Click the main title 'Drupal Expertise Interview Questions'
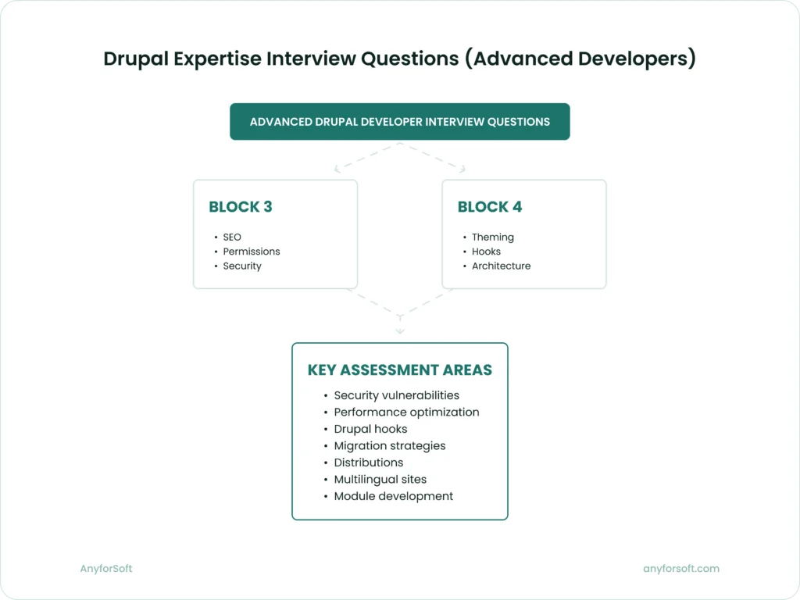pyautogui.click(x=399, y=59)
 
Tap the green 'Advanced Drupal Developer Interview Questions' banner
pyautogui.click(x=399, y=122)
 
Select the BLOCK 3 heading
pyautogui.click(x=241, y=207)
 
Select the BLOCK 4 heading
pyautogui.click(x=490, y=207)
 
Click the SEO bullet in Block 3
pyautogui.click(x=232, y=237)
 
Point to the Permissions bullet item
pyautogui.click(x=251, y=252)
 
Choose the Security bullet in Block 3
pyautogui.click(x=241, y=266)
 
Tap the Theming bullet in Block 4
pyautogui.click(x=492, y=237)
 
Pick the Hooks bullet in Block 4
pyautogui.click(x=486, y=252)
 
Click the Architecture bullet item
pyautogui.click(x=501, y=266)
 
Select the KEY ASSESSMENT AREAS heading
pyautogui.click(x=399, y=370)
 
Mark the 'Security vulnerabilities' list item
pyautogui.click(x=396, y=395)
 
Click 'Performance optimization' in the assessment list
pyautogui.click(x=406, y=412)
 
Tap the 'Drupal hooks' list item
pyautogui.click(x=370, y=429)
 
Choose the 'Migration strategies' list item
pyautogui.click(x=389, y=445)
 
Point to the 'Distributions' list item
pyautogui.click(x=368, y=462)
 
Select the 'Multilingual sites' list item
pyautogui.click(x=380, y=479)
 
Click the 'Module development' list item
pyautogui.click(x=393, y=496)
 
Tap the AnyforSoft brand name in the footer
pyautogui.click(x=106, y=569)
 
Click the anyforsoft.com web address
pyautogui.click(x=680, y=569)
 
